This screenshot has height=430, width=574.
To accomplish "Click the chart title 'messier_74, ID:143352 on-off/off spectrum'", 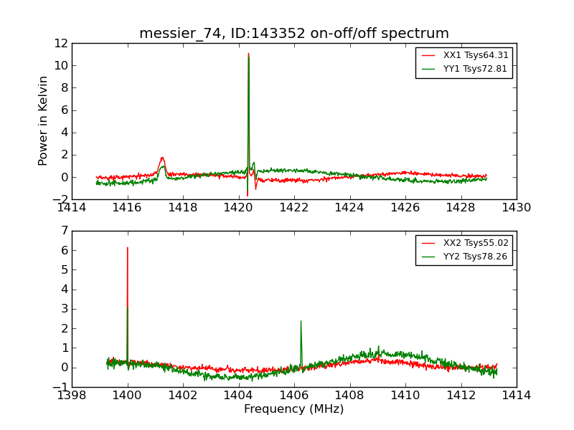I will point(294,34).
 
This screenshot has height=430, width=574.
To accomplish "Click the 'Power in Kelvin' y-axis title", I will point(44,120).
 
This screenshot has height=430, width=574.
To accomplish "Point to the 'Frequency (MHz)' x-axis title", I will point(294,409).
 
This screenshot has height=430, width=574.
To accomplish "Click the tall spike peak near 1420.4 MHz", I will point(248,54).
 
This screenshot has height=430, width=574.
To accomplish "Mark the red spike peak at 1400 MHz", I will point(128,248).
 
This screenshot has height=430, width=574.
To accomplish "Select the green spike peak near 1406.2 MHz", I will point(301,321).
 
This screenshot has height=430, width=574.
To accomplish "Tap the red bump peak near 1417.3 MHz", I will point(162,158).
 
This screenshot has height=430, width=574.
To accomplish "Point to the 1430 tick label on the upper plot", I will point(516,208).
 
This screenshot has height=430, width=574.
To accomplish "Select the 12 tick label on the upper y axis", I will point(60,43).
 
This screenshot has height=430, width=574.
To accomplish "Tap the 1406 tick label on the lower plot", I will point(294,396).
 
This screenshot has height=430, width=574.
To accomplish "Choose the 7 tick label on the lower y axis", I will point(63,231).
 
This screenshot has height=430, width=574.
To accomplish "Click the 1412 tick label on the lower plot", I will point(461,396).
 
